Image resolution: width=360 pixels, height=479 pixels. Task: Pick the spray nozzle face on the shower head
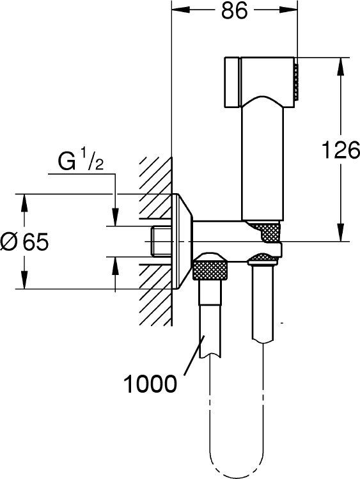tap(296, 81)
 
